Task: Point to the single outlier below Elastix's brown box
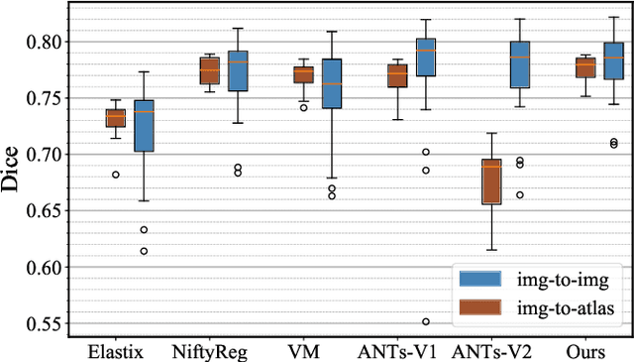pos(115,175)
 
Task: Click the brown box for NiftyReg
pos(209,71)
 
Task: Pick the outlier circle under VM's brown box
pos(302,107)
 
